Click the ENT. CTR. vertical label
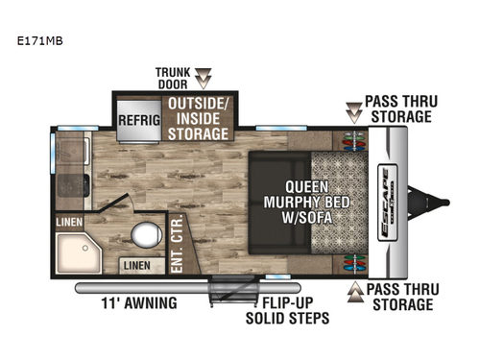[179, 244]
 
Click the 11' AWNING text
[139, 303]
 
